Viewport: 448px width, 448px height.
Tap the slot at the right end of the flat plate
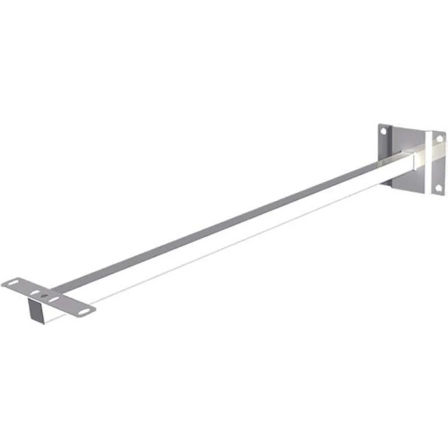tap(83, 310)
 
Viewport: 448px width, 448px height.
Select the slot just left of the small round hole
tap(34, 292)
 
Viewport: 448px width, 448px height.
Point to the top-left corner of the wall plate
tap(379, 125)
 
